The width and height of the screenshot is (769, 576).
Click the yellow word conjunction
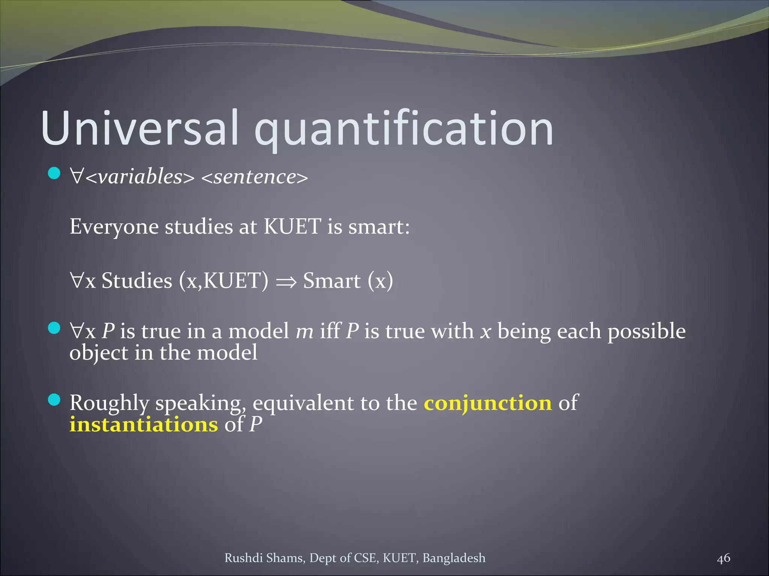pyautogui.click(x=488, y=403)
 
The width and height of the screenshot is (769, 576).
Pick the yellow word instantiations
pyautogui.click(x=143, y=424)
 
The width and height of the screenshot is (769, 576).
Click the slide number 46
pyautogui.click(x=724, y=558)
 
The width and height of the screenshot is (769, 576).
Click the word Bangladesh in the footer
pyautogui.click(x=454, y=558)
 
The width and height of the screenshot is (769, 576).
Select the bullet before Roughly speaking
pyautogui.click(x=54, y=400)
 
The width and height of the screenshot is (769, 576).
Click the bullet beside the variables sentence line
pyautogui.click(x=54, y=173)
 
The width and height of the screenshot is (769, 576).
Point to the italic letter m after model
pyautogui.click(x=305, y=331)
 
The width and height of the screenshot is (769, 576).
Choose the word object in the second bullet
pyautogui.click(x=99, y=353)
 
